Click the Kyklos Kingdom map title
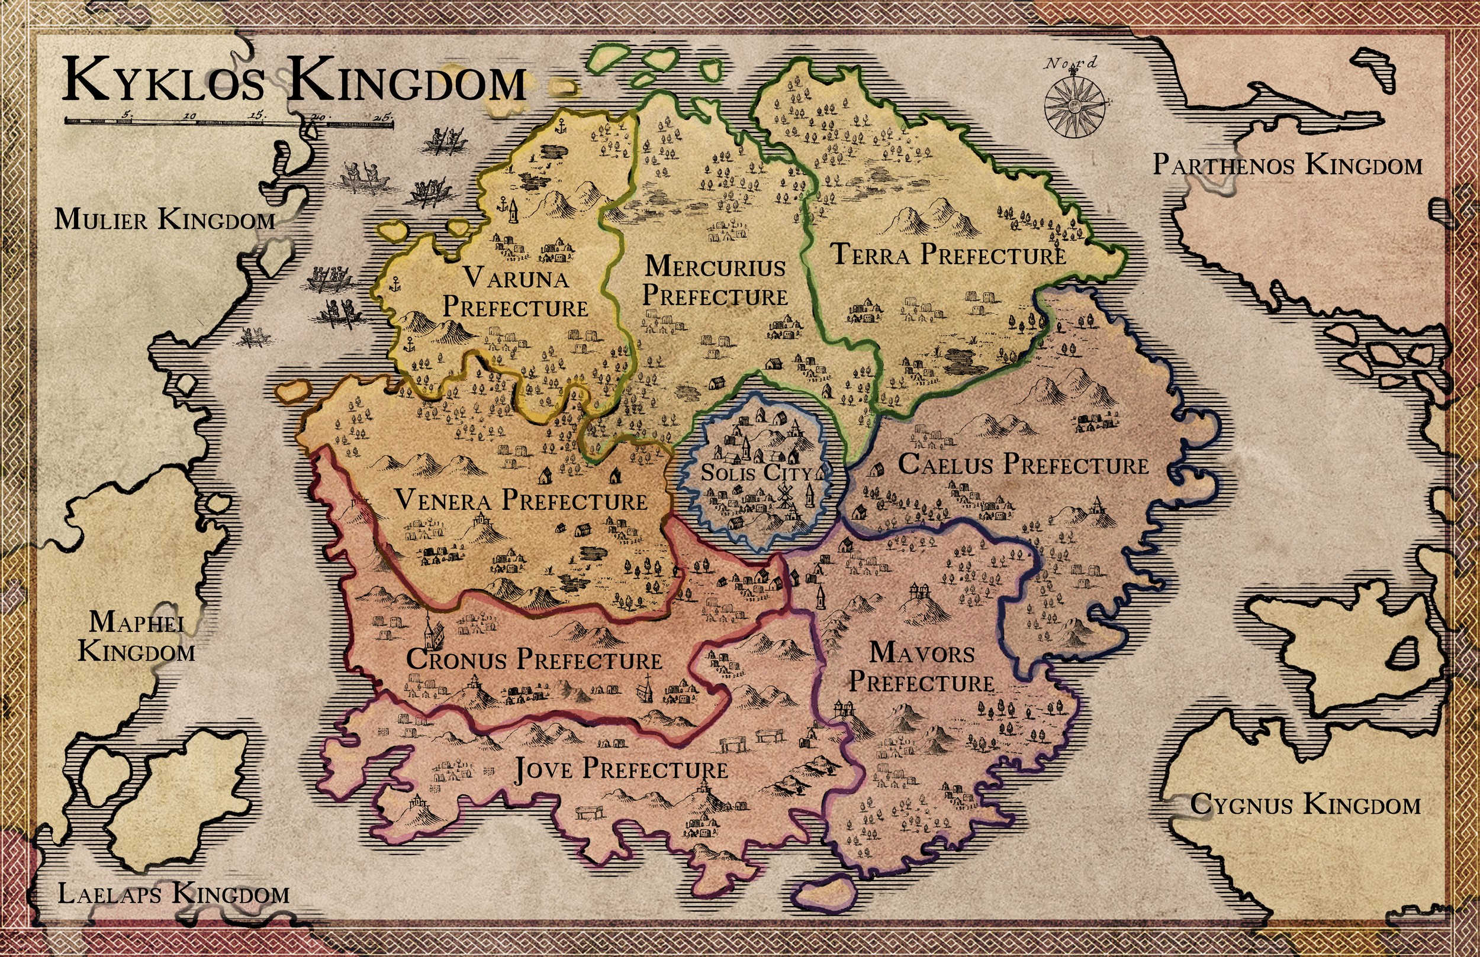point(294,81)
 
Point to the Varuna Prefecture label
point(516,293)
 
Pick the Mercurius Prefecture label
point(715,281)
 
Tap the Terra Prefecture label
point(948,255)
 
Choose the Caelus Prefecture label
point(1023,465)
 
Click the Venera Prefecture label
point(521,500)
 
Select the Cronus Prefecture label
point(534,660)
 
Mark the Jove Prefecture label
point(620,770)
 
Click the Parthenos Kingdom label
point(1287,165)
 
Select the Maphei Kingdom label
point(137,637)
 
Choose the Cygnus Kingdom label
point(1306,805)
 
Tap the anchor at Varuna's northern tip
point(561,126)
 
